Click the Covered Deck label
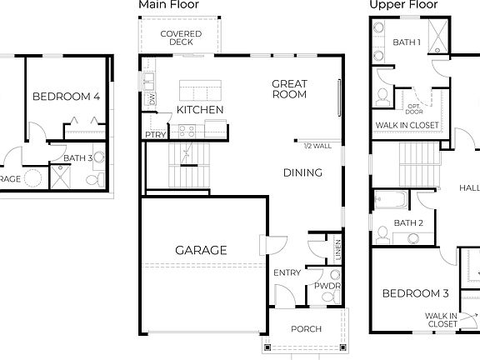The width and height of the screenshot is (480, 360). pos(181,37)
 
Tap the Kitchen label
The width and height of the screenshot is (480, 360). pos(200,110)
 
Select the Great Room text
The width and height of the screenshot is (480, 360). pos(289,88)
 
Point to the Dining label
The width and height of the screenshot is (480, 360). pos(302,173)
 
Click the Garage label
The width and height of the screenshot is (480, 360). pos(200,250)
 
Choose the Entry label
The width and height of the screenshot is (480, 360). pos(287,272)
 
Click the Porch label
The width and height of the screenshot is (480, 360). pos(306,329)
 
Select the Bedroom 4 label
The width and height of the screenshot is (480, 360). pos(66,97)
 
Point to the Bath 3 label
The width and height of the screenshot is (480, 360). pos(77,157)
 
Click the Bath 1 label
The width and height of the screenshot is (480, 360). pos(407,42)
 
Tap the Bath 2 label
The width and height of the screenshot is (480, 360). pos(409,222)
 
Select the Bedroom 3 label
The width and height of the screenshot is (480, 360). pos(415,293)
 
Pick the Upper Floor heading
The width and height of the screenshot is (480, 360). pos(404,5)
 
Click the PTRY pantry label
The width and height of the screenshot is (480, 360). pos(154,134)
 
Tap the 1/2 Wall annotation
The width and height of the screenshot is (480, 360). pos(317,146)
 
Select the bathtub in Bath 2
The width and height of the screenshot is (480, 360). pos(390,200)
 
